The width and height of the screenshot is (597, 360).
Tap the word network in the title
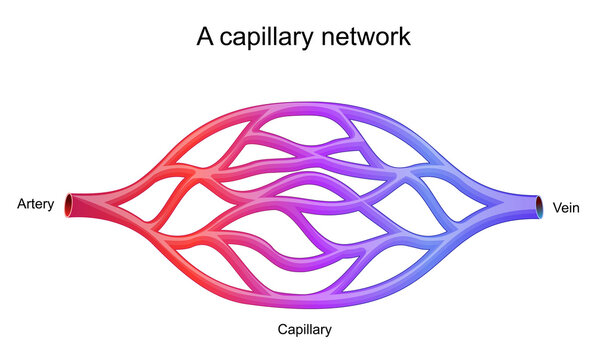pyautogui.click(x=363, y=38)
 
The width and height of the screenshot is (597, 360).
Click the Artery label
pyautogui.click(x=35, y=205)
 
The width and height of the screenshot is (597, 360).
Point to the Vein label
pyautogui.click(x=565, y=207)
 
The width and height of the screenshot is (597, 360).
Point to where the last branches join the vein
pyautogui.click(x=490, y=207)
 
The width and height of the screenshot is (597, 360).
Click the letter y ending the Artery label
pyautogui.click(x=49, y=207)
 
